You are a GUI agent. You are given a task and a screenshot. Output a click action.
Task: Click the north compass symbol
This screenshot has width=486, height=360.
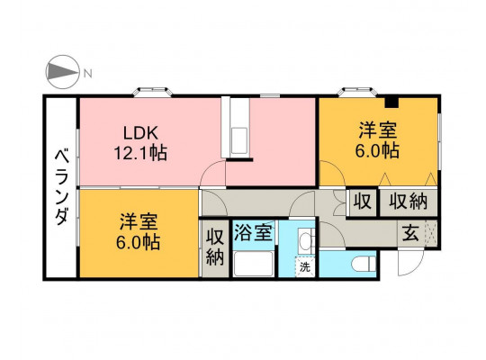[62, 72]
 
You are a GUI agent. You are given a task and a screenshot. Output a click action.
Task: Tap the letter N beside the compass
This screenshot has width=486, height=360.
[88, 74]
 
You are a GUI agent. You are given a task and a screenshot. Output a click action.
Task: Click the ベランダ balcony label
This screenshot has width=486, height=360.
[61, 186]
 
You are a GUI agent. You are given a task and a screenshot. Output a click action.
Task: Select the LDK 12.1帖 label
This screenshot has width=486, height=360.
[140, 143]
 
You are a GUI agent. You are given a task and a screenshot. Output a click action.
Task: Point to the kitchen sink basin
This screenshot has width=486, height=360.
[239, 140]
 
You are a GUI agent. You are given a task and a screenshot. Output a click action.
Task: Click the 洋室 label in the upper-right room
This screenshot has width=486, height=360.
[378, 130]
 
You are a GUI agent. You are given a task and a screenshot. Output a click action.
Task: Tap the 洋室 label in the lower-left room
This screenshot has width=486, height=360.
[139, 221]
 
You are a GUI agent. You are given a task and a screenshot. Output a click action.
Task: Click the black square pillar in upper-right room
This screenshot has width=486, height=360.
[391, 103]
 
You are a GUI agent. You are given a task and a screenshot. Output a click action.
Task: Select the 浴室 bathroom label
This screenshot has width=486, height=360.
[253, 232]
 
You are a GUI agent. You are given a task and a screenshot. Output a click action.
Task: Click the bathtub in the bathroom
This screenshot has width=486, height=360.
[253, 264]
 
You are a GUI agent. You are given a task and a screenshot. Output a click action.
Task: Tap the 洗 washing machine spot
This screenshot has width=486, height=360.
[305, 267]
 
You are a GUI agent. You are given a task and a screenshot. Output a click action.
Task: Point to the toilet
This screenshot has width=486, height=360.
[364, 265]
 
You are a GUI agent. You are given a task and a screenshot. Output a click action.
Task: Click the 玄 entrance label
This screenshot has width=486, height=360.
[410, 233]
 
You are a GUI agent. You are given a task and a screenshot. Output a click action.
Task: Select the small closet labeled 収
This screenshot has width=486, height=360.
[363, 202]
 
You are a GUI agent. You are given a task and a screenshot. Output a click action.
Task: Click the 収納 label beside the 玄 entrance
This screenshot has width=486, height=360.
[409, 202]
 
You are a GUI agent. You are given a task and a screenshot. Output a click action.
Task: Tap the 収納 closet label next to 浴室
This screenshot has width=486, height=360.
[215, 247]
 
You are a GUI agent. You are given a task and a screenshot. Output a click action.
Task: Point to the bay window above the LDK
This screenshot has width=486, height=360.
[153, 92]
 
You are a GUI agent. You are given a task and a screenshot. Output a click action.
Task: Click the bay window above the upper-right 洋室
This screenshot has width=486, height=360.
[356, 92]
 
